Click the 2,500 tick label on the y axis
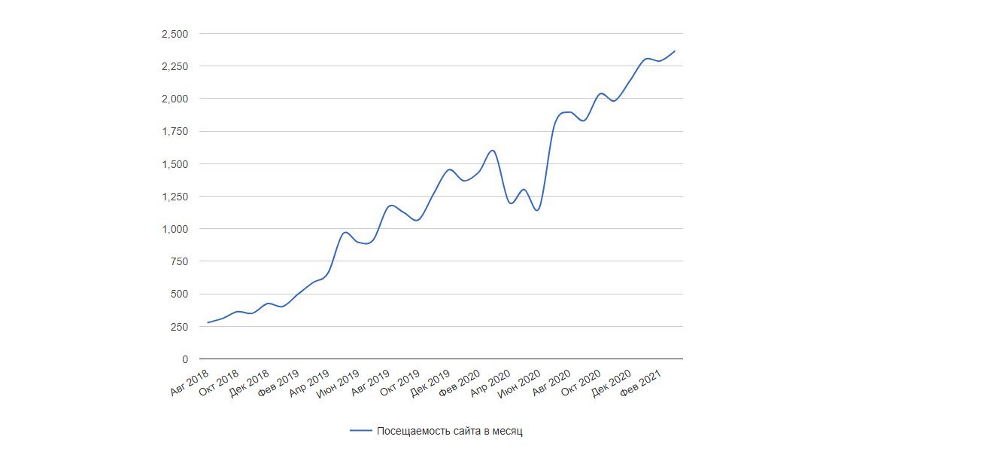[x=175, y=34]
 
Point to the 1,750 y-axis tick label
[x=175, y=132]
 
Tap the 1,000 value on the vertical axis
[x=175, y=229]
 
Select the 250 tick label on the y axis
[x=181, y=327]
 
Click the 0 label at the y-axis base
[x=185, y=359]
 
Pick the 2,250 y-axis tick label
[x=175, y=66]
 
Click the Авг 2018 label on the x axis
[x=190, y=383]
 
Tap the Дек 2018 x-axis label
[x=250, y=383]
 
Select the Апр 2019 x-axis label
[x=310, y=383]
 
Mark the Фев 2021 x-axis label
[x=641, y=383]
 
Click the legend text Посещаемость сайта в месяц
[x=449, y=432]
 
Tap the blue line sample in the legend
[x=361, y=432]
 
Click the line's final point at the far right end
[x=675, y=51]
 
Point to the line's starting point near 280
[x=208, y=322]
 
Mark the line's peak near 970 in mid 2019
[x=345, y=233]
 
